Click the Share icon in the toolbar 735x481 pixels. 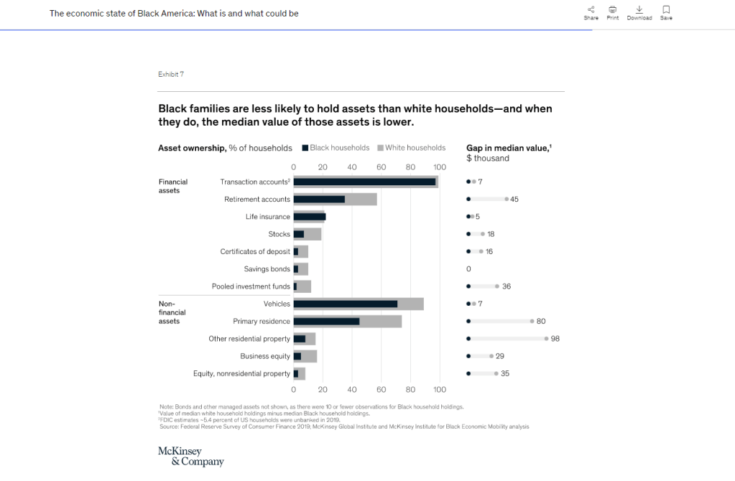591,9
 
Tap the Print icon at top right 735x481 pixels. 613,9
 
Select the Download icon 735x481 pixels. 639,9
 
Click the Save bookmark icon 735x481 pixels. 666,9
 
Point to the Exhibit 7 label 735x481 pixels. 171,75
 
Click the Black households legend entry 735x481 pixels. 336,148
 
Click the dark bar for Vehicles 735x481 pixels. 345,304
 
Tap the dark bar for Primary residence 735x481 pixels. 326,321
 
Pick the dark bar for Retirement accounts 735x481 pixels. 319,199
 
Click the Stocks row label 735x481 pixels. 279,234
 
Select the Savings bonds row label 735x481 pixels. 267,269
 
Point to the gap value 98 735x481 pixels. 555,339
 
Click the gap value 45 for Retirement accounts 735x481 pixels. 514,200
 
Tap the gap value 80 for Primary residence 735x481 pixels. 540,321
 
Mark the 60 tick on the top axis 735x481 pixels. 382,167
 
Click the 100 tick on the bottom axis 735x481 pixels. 440,389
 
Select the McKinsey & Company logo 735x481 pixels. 190,456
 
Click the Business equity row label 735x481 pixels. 265,356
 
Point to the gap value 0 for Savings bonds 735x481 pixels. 468,269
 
